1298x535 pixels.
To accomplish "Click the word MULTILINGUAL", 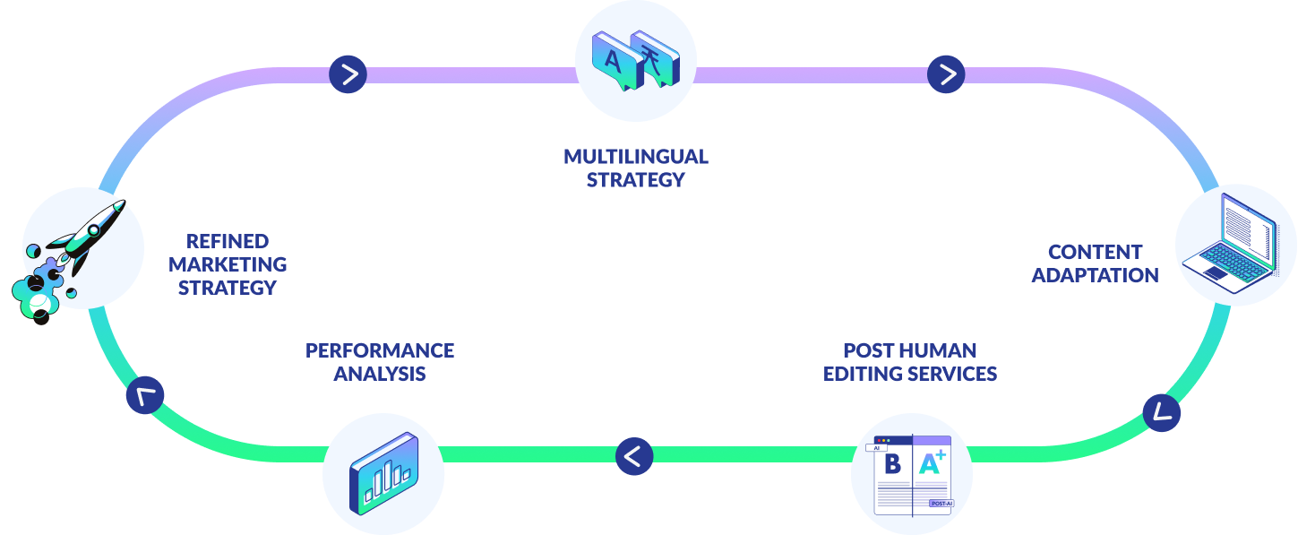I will tap(635, 157).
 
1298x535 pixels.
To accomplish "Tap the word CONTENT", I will tap(1095, 252).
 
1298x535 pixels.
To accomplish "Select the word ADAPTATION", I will tap(1095, 275).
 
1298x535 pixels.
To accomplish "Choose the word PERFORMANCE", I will tap(380, 350).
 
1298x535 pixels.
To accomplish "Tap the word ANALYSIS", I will tap(380, 374).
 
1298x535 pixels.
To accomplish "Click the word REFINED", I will tap(228, 241).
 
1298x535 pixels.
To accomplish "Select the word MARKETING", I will tap(228, 264).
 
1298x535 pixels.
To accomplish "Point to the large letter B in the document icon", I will tap(892, 464).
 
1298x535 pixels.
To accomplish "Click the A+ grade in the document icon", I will tap(932, 462).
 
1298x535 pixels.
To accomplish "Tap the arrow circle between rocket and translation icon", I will tap(348, 74).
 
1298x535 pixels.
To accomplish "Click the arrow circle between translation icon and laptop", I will tap(946, 74).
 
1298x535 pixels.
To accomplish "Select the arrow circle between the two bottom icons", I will tap(634, 456).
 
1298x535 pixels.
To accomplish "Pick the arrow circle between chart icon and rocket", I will tap(145, 395).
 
